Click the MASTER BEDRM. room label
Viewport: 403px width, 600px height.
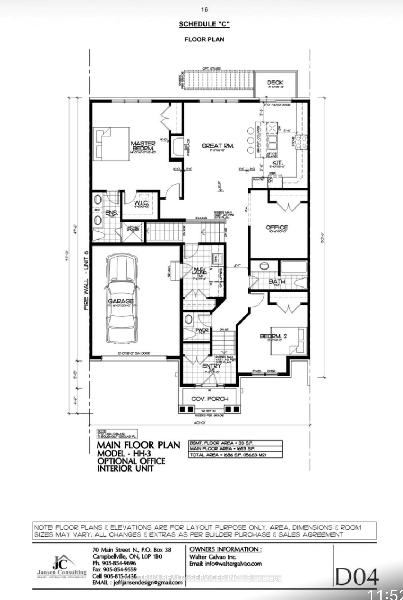point(143,146)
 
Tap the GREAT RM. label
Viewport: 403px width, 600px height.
point(218,146)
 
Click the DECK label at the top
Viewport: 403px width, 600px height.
point(275,83)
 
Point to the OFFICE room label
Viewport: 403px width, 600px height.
point(277,227)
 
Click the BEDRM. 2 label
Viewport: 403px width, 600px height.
point(273,336)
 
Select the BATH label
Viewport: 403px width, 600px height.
point(277,281)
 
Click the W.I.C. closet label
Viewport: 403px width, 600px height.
point(140,203)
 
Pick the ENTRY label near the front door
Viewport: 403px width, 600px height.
point(211,366)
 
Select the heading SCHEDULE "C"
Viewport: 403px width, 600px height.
point(204,24)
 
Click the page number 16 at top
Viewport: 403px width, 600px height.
point(204,10)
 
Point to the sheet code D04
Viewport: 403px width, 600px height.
point(357,577)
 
